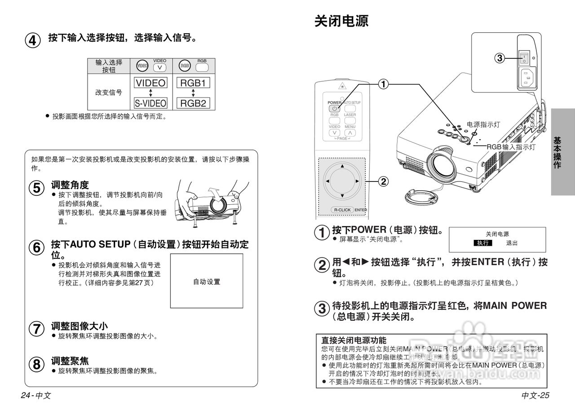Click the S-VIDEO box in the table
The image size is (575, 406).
(150, 103)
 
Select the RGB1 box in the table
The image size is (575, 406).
(193, 83)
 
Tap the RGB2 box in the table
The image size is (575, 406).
(193, 103)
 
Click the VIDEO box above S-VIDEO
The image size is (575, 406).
(150, 83)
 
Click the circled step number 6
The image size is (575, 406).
(37, 247)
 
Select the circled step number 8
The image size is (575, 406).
(37, 364)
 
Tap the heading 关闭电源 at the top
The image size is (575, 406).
(341, 21)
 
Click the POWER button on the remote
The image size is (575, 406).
(334, 109)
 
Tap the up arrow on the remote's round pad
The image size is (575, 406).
(342, 167)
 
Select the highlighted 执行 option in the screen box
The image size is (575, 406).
(483, 243)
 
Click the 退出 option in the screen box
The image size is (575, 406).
(512, 243)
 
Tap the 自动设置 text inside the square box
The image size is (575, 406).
(207, 282)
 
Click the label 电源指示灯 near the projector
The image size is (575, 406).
(483, 124)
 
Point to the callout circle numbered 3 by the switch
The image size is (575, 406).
(500, 57)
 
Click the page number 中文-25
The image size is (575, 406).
(535, 395)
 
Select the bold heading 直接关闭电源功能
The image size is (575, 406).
(354, 340)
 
